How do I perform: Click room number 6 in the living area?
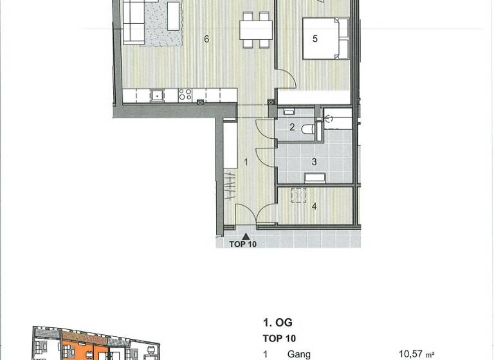[206, 39]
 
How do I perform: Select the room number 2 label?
[291, 128]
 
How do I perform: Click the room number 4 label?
[314, 206]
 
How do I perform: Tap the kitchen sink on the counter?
[156, 95]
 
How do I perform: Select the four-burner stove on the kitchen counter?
[185, 95]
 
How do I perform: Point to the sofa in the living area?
[134, 21]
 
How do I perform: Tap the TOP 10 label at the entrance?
[243, 244]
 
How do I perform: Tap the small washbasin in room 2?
[289, 113]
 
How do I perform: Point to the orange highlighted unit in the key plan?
[77, 350]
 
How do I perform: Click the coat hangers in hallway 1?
[230, 186]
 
